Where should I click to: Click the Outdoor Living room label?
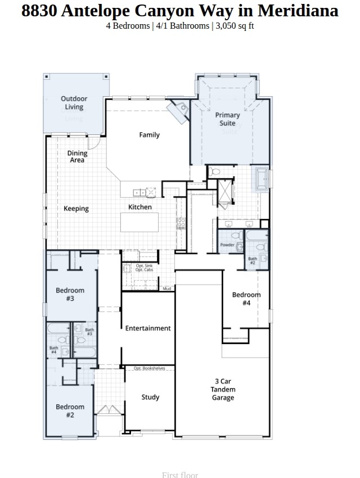click(x=74, y=103)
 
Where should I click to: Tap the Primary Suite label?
click(x=227, y=119)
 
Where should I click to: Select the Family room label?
click(x=150, y=135)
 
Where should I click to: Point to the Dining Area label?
click(x=77, y=156)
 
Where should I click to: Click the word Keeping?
click(x=76, y=209)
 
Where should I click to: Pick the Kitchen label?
click(x=140, y=207)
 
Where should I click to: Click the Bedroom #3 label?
click(x=70, y=294)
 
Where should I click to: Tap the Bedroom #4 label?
click(x=246, y=299)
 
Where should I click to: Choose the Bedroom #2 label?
click(x=70, y=411)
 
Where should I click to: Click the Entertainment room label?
click(x=148, y=328)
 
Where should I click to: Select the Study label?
click(x=150, y=397)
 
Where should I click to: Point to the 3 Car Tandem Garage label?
click(x=223, y=389)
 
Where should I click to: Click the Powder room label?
click(x=227, y=245)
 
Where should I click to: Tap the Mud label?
click(x=167, y=288)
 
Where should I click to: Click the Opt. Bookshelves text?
click(x=150, y=368)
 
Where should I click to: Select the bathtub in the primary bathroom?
click(x=262, y=179)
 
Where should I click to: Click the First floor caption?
click(x=180, y=475)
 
